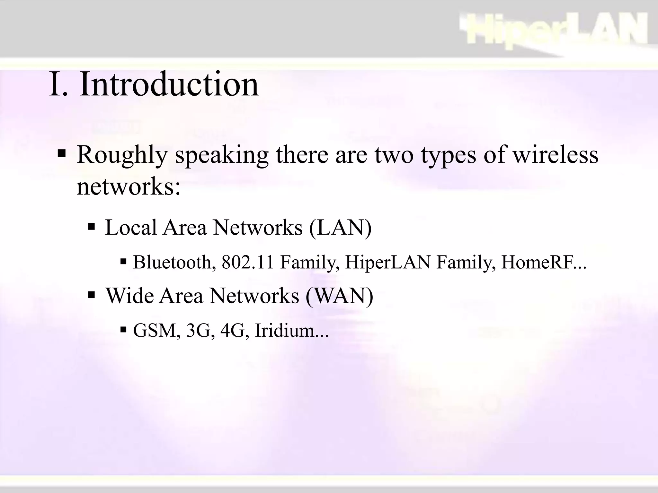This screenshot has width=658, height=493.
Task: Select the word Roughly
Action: click(x=122, y=155)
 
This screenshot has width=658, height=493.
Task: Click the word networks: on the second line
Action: click(x=129, y=187)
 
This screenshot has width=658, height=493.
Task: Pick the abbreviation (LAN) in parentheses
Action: click(x=340, y=228)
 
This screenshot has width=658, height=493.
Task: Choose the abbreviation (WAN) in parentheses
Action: click(x=340, y=296)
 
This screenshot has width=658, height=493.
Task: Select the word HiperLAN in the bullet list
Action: click(x=388, y=262)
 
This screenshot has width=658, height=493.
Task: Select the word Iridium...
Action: click(x=285, y=330)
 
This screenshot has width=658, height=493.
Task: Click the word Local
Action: click(x=131, y=228)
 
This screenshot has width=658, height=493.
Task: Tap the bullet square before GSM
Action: click(x=124, y=329)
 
